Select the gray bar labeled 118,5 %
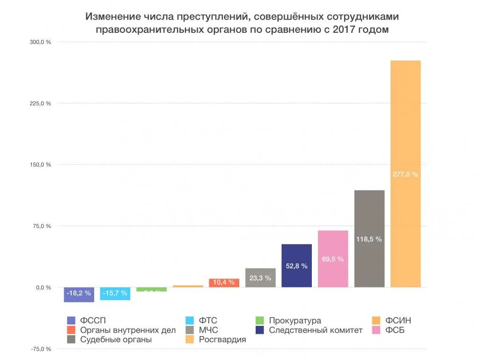[369, 238]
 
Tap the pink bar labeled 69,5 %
[333, 258]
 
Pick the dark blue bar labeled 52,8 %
[296, 265]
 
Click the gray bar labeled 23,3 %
[260, 278]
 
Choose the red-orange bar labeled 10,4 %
[224, 283]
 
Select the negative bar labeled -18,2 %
[79, 294]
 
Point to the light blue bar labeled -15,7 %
[115, 294]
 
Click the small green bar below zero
[151, 289]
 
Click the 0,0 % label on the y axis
[43, 287]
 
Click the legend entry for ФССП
[93, 321]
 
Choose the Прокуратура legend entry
[295, 321]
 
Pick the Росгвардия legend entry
[222, 340]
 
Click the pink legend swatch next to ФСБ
[376, 330]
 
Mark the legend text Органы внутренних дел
[128, 330]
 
